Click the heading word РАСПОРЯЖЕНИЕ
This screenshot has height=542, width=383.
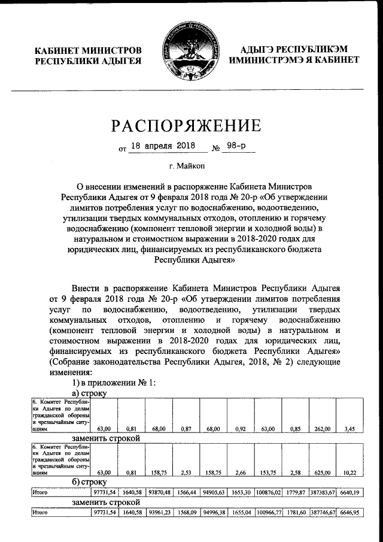tap(186, 125)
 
